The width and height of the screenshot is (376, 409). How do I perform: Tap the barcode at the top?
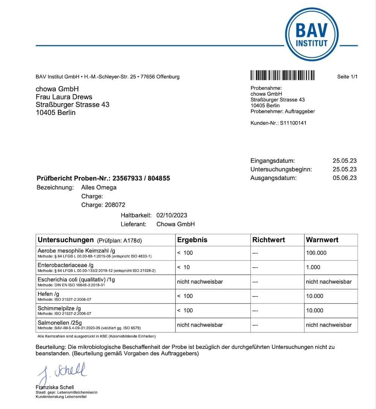click(x=282, y=75)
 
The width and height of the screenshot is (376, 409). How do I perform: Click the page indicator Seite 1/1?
click(x=347, y=77)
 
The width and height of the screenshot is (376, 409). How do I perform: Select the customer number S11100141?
click(x=293, y=123)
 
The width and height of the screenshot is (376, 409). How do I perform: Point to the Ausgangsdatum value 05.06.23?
click(x=344, y=178)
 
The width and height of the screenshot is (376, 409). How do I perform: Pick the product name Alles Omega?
click(x=99, y=188)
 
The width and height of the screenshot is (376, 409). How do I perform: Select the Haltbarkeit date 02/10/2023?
click(x=171, y=215)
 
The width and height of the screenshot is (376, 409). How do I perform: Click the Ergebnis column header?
click(x=192, y=240)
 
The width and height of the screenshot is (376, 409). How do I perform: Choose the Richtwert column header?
click(x=268, y=240)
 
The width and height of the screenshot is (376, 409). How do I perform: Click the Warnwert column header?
click(x=322, y=240)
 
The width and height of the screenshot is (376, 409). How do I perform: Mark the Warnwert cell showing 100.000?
click(x=316, y=253)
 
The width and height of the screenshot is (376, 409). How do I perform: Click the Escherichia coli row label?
click(x=76, y=280)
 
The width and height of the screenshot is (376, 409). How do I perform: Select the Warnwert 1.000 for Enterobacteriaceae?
click(x=313, y=267)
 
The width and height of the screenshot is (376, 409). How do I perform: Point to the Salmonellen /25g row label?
click(x=60, y=323)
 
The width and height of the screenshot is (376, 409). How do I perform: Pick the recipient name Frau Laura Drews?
click(x=64, y=97)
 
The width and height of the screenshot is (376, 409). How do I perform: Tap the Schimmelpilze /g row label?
click(x=59, y=308)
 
